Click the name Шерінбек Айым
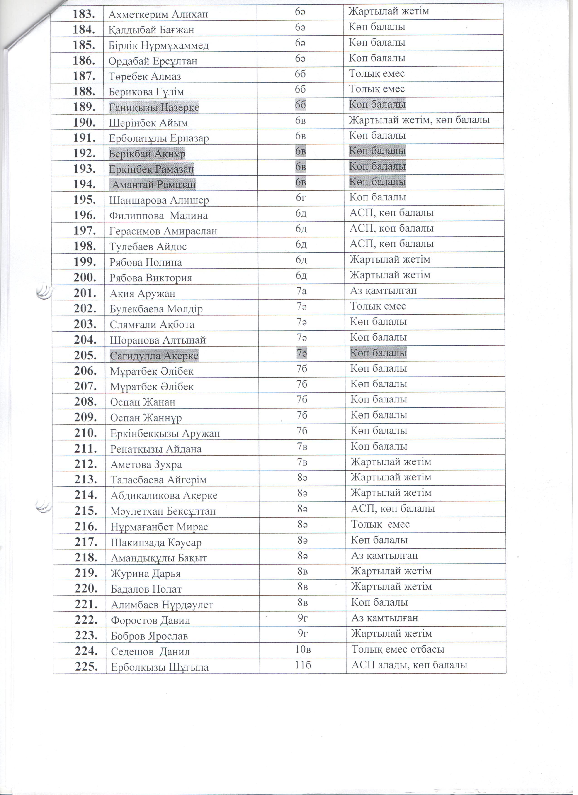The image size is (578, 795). click(148, 123)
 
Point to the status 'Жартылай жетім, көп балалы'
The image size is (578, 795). click(419, 120)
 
